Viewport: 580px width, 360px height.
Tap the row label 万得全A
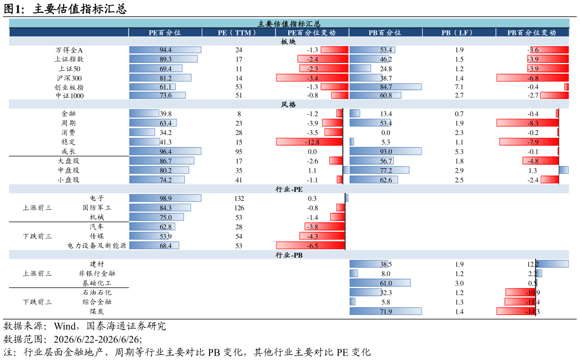click(69, 50)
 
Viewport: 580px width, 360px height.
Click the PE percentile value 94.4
click(165, 50)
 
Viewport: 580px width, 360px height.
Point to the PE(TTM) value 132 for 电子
click(239, 199)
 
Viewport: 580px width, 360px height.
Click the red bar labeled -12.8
click(309, 142)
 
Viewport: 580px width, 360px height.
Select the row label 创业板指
click(69, 87)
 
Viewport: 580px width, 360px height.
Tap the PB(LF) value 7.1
click(459, 87)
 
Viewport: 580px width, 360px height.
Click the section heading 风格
click(288, 105)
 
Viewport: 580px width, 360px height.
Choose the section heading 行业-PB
click(289, 255)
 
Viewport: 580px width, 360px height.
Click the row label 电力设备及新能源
click(97, 246)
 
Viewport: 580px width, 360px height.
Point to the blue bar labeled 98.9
click(165, 199)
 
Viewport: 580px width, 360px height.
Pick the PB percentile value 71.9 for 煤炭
click(386, 312)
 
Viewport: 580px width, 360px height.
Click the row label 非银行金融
click(97, 273)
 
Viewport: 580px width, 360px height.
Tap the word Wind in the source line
click(65, 326)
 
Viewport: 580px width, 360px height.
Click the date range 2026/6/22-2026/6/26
click(97, 340)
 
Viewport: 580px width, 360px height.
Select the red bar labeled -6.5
click(310, 246)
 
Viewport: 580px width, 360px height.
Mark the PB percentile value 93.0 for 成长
click(386, 152)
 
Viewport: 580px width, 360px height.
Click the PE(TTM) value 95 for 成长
click(239, 152)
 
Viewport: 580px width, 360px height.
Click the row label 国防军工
click(97, 208)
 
